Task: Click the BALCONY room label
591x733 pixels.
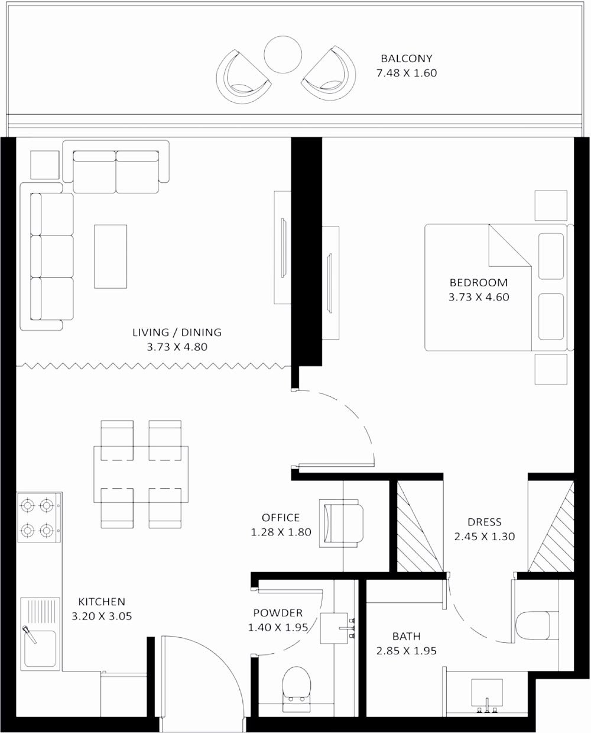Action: tap(406, 59)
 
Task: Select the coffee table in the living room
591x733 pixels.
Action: tap(110, 256)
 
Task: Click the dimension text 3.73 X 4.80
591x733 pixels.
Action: tap(177, 347)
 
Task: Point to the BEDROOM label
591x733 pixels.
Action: tap(478, 282)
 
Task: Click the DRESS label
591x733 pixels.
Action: tap(484, 522)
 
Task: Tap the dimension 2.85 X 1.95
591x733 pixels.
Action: tap(406, 651)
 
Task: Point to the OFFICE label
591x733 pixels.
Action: tap(281, 518)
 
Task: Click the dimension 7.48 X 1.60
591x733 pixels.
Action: tap(406, 73)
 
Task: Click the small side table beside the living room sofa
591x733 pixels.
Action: tap(45, 164)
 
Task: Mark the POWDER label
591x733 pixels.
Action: tap(278, 613)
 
